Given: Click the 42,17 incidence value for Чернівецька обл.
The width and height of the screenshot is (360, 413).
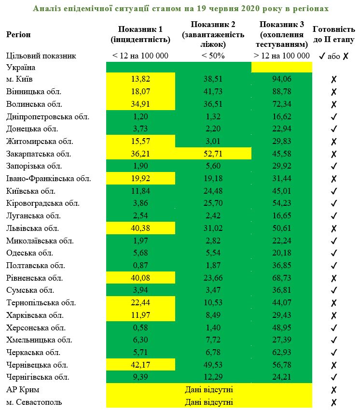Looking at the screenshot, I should pos(140,365).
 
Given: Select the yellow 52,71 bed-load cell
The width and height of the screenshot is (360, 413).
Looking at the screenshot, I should pos(213,154).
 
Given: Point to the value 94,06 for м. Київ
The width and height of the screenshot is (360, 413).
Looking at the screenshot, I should pos(281,79).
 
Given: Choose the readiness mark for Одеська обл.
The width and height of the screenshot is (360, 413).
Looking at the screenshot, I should pos(333,253).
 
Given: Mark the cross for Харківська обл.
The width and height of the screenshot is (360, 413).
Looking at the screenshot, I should pos(333,315).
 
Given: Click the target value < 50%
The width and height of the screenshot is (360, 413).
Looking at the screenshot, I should pos(213,56).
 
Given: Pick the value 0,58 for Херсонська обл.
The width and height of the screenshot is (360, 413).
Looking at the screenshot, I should pos(140,328).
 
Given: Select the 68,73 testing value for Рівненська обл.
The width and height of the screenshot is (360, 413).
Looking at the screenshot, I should pos(281,278).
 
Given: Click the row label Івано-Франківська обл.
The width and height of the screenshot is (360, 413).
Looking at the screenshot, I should pos(49,179).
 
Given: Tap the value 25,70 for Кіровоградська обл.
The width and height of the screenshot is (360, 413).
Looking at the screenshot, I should pos(213,203).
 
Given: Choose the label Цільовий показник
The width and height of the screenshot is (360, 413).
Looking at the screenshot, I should pos(42,56).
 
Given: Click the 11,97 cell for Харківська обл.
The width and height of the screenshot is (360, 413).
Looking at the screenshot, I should pos(140,315).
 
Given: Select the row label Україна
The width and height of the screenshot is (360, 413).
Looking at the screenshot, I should pos(21,68).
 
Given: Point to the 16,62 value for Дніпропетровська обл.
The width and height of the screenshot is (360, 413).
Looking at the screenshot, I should pos(281,116).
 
